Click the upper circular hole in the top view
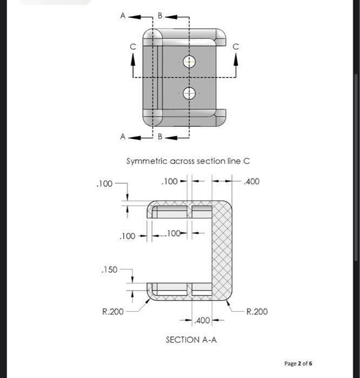[189, 62]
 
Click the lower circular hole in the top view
[189, 94]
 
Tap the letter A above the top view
[123, 16]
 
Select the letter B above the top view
[159, 16]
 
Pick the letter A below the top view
[123, 137]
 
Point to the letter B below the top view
[160, 137]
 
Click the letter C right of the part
[236, 48]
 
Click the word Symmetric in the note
[147, 161]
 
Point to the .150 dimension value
[109, 269]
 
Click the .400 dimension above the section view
[251, 181]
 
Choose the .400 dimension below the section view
[202, 321]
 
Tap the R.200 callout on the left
[112, 312]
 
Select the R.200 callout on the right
[256, 312]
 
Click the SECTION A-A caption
[191, 340]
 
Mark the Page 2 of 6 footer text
[298, 363]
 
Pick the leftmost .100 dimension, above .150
[104, 184]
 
